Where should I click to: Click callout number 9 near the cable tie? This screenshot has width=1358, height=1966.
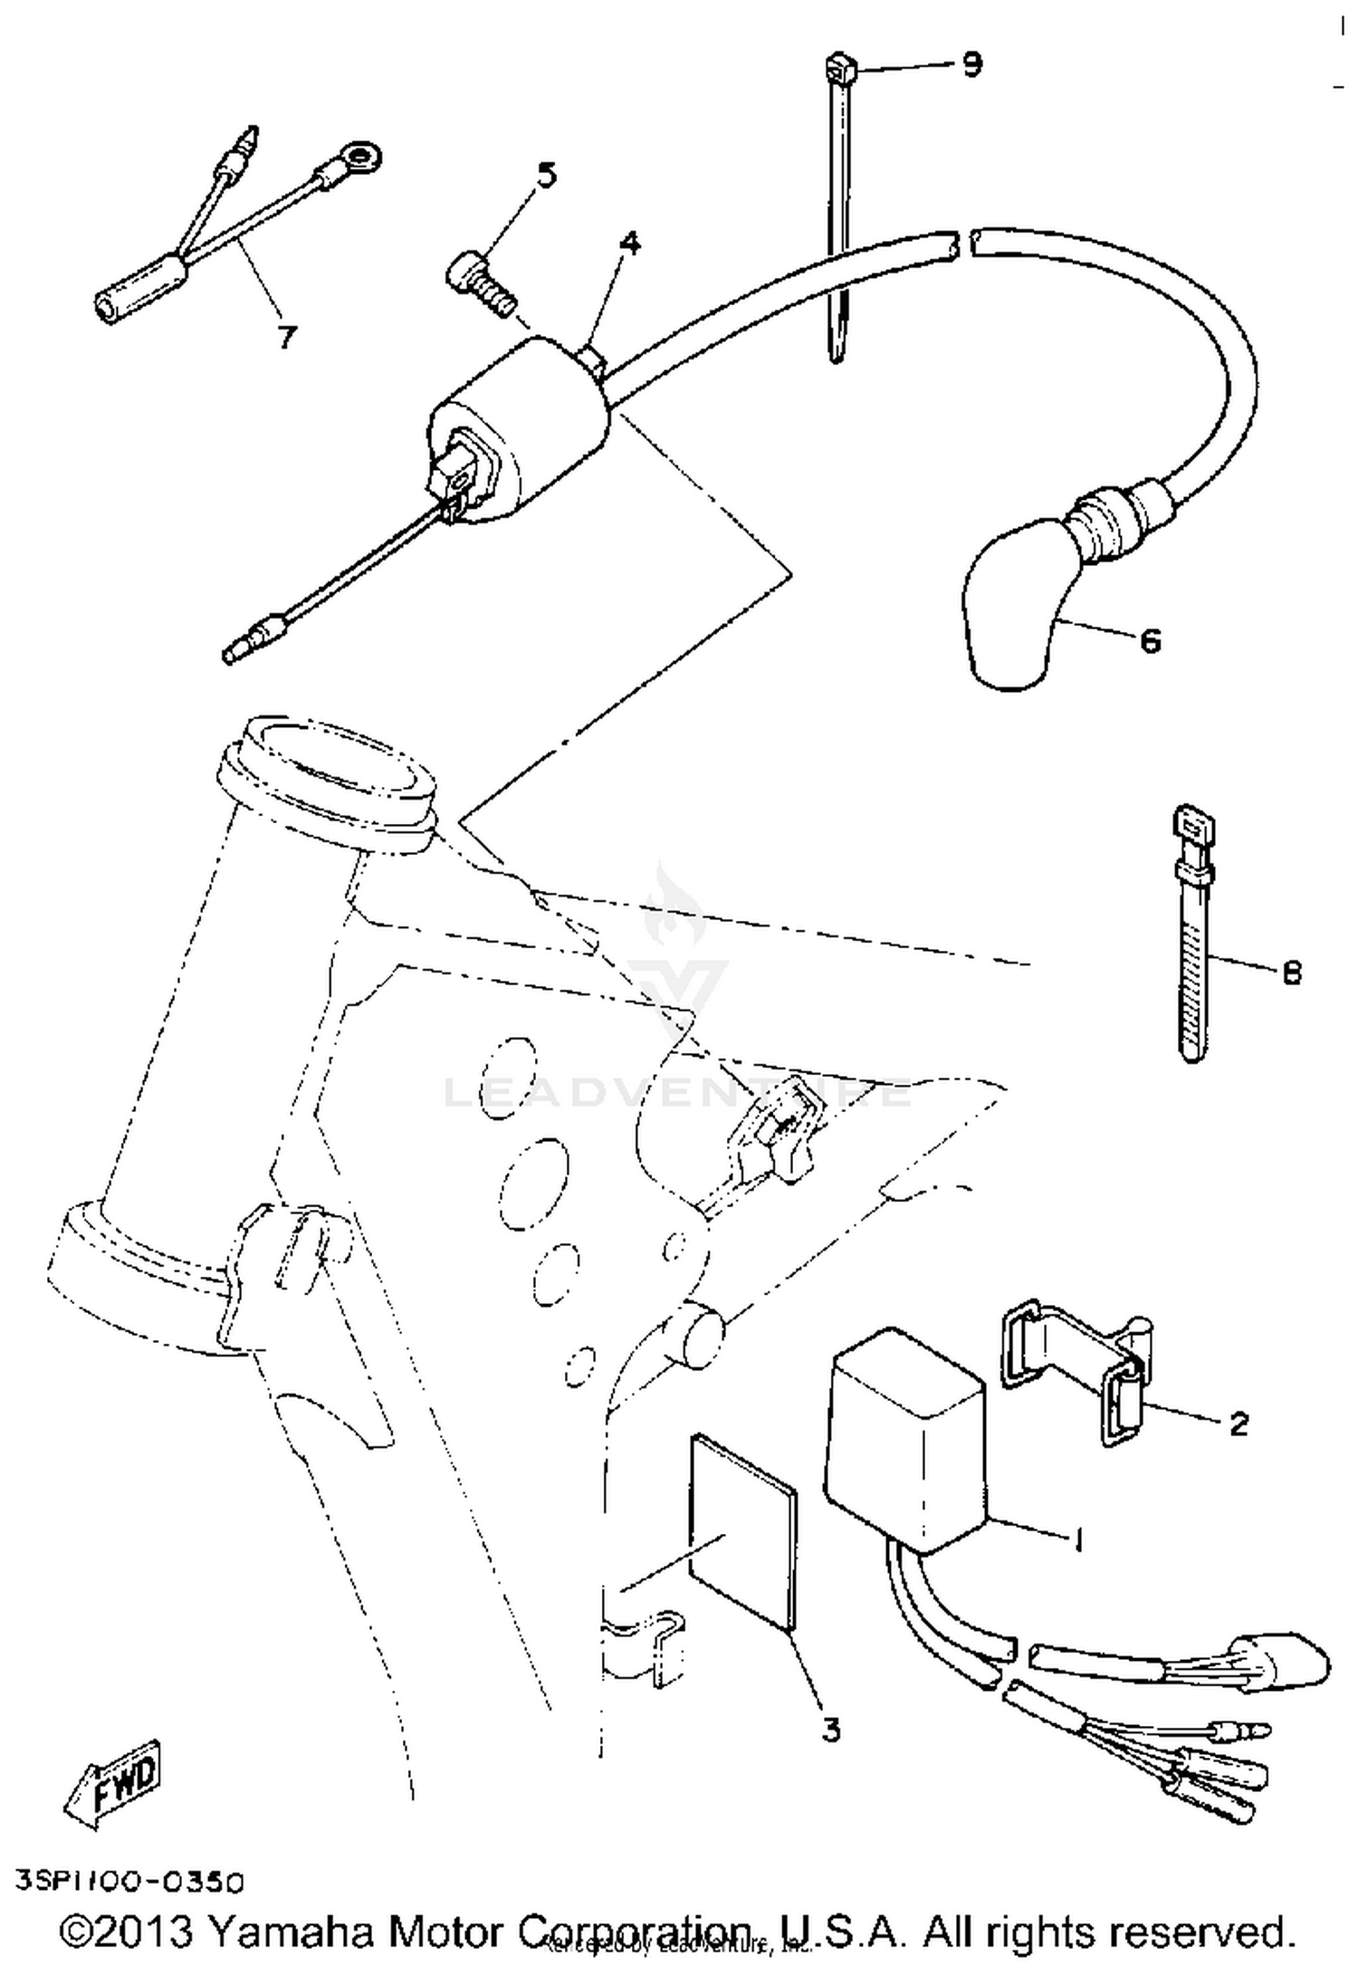tap(971, 64)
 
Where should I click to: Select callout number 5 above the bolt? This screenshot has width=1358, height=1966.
tap(547, 175)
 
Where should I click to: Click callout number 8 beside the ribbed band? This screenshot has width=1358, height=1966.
tap(1291, 973)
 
